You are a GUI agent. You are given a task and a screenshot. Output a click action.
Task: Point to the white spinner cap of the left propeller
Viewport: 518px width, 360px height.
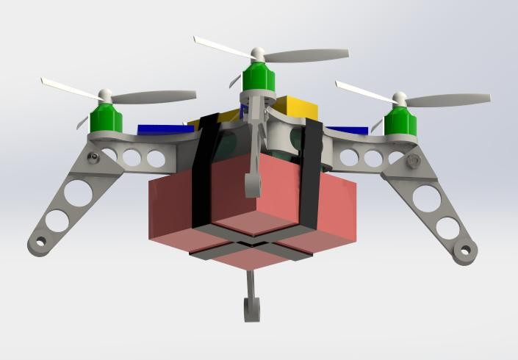pos(104,96)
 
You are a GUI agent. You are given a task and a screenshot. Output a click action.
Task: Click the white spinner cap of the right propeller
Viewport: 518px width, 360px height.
pos(400,98)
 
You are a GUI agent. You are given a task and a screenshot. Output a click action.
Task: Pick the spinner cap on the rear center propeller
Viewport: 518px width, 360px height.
pos(257,54)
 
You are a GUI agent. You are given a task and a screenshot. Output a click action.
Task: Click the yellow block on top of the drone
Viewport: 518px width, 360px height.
pos(294,107)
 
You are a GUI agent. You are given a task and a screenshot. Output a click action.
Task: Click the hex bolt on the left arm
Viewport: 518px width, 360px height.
pos(93,157)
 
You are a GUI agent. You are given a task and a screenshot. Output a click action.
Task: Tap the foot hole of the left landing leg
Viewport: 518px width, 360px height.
pos(40,241)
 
